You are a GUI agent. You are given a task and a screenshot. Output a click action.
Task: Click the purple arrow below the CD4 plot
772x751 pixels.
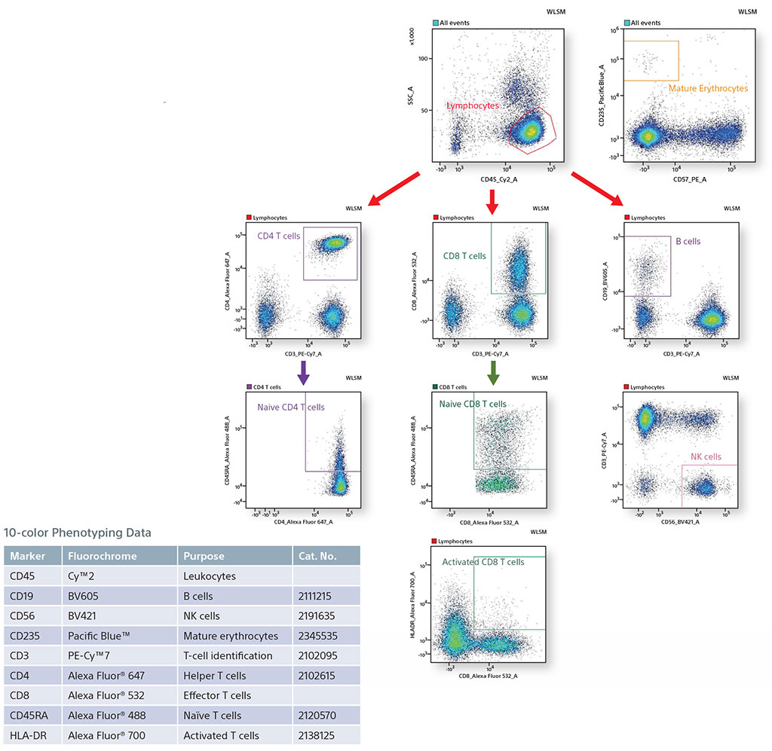tap(302, 372)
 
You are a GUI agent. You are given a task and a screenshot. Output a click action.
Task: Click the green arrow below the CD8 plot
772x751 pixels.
tap(493, 371)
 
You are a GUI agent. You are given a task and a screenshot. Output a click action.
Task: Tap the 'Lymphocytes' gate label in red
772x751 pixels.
tap(472, 106)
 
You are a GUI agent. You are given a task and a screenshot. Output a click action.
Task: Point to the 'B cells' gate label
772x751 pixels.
tap(688, 242)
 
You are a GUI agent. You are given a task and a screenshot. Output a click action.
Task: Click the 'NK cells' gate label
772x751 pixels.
tap(706, 456)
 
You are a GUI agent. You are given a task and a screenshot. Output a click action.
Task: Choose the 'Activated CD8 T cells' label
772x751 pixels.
tap(483, 562)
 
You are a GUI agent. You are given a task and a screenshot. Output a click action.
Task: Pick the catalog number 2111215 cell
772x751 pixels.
tap(314, 596)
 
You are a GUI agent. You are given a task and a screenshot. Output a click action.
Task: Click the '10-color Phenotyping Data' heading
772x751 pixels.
tap(78, 533)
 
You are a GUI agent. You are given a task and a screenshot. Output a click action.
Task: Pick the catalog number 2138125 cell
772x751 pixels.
tap(314, 735)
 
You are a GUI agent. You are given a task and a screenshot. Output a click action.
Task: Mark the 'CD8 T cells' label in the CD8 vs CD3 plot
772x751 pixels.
tap(464, 256)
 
